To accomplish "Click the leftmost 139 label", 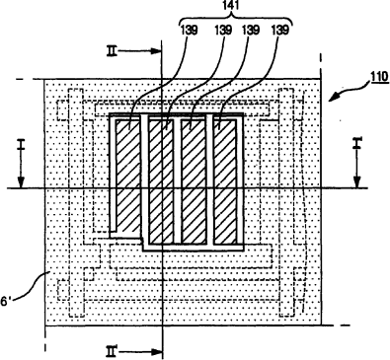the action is (x=189, y=31).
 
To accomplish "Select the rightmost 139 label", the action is (x=279, y=31).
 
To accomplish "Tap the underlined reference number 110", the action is (x=379, y=77).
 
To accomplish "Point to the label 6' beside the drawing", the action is (x=6, y=302).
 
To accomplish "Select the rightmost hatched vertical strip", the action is (x=225, y=181).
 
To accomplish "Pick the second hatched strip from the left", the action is (x=161, y=181).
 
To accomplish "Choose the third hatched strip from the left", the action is (x=193, y=181).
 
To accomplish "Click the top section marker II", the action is (x=112, y=51).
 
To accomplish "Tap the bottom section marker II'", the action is (x=113, y=351).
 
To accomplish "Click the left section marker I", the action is (x=21, y=144).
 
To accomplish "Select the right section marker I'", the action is (x=357, y=143).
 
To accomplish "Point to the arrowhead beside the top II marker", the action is (x=156, y=51).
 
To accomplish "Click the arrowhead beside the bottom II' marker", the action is (x=156, y=352).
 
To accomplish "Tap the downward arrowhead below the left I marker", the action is (x=21, y=182).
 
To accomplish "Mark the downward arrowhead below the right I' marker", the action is (x=357, y=182).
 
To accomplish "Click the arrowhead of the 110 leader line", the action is (x=335, y=97).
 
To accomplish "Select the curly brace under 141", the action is (x=236, y=19).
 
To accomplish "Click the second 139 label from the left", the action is (x=223, y=31).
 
